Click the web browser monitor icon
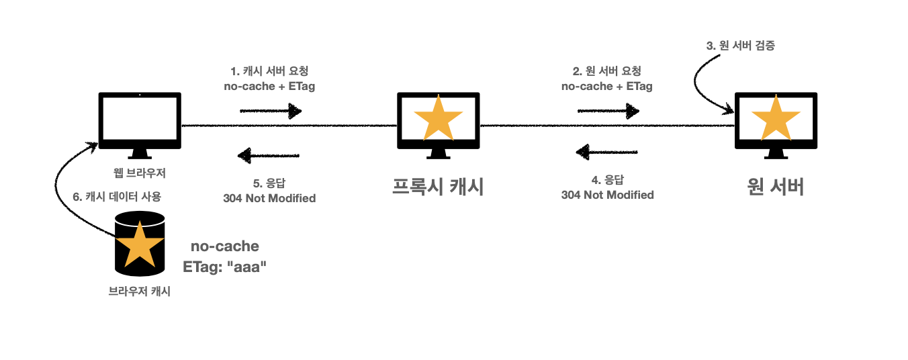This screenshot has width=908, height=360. pos(140,124)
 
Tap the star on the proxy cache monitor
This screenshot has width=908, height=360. pos(438,120)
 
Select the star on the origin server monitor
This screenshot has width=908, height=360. pos(776,120)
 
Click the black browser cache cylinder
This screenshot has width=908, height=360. pos(140,243)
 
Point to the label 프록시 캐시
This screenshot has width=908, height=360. pos(438,186)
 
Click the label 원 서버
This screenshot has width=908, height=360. pos(776,186)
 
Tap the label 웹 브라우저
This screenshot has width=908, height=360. pos(140,173)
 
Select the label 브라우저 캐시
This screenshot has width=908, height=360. pos(140,291)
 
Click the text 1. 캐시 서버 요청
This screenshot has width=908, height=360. pos(269,71)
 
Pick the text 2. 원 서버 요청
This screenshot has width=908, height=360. pos(606,71)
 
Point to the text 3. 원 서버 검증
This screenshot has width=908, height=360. pos(743,46)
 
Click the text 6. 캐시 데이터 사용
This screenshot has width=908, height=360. pos(117,197)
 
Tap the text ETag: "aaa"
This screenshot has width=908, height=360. pos(225,267)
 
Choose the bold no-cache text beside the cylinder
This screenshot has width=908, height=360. pos(225,246)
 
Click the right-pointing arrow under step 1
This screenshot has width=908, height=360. pos(271,110)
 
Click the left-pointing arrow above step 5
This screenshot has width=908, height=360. pos(269,156)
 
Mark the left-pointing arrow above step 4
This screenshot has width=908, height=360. pos(606,152)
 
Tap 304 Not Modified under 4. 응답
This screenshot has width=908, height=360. pos(607,195)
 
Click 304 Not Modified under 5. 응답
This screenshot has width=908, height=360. pos(269,198)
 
